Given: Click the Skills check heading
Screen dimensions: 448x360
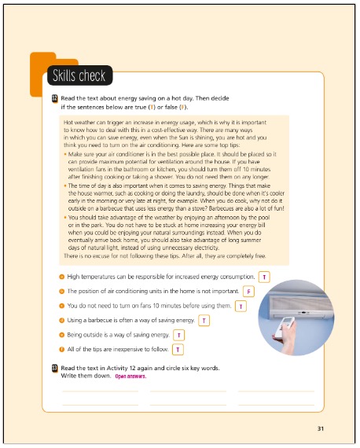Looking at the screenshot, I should [x=79, y=76].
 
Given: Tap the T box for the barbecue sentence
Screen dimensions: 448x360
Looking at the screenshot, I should [x=204, y=320].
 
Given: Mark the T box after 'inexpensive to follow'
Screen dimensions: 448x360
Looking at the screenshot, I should [x=178, y=348].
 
